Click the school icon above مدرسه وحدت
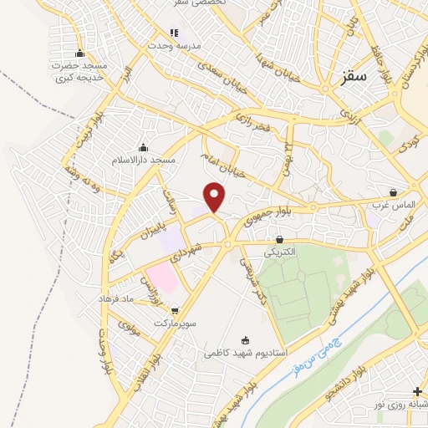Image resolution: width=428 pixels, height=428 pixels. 175,33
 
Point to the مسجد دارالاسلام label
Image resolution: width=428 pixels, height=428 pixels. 144,159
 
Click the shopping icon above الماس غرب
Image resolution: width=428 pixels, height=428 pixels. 393,191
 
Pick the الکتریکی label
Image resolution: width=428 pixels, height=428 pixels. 278,251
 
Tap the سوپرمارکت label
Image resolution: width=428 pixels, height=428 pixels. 175,322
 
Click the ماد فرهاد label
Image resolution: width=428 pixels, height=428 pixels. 116,298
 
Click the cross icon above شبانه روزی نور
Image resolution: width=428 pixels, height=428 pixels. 417,391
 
